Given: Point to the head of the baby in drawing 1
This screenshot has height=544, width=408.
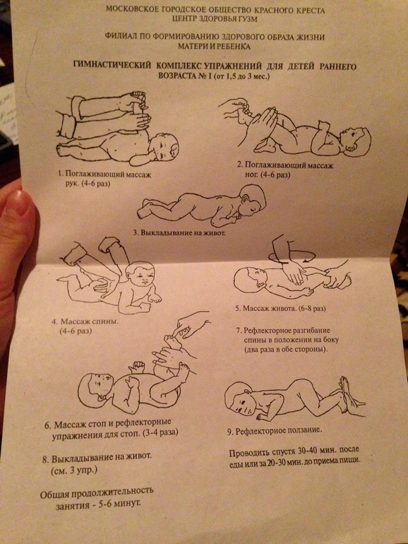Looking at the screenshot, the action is coord(164,148).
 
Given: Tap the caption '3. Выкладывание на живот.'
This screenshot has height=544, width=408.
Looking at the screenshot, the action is coord(179,232).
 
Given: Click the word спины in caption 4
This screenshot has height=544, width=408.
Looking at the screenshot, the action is coord(107,321).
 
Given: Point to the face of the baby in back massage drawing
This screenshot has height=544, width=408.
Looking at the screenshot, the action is coord(142,276).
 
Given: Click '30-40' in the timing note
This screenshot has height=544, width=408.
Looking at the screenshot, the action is coord(304,451).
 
